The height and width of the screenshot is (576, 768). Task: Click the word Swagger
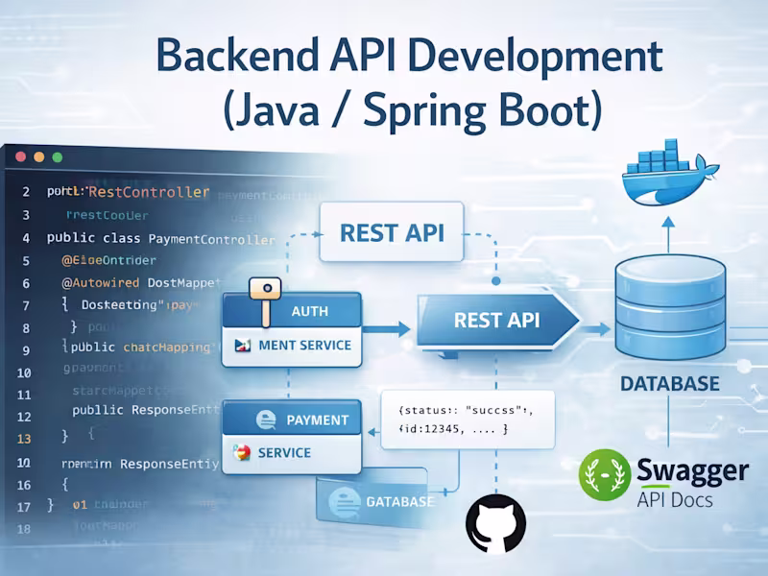(691, 469)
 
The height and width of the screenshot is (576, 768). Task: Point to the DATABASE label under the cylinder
(669, 384)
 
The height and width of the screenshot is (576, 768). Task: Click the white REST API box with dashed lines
(392, 233)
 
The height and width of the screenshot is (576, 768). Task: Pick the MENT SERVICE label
(302, 345)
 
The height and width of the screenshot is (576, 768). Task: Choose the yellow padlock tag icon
(264, 291)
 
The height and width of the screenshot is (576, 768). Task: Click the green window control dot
(57, 156)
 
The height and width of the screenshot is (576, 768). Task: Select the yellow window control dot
(39, 156)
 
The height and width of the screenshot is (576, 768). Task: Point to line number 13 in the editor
(25, 438)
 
